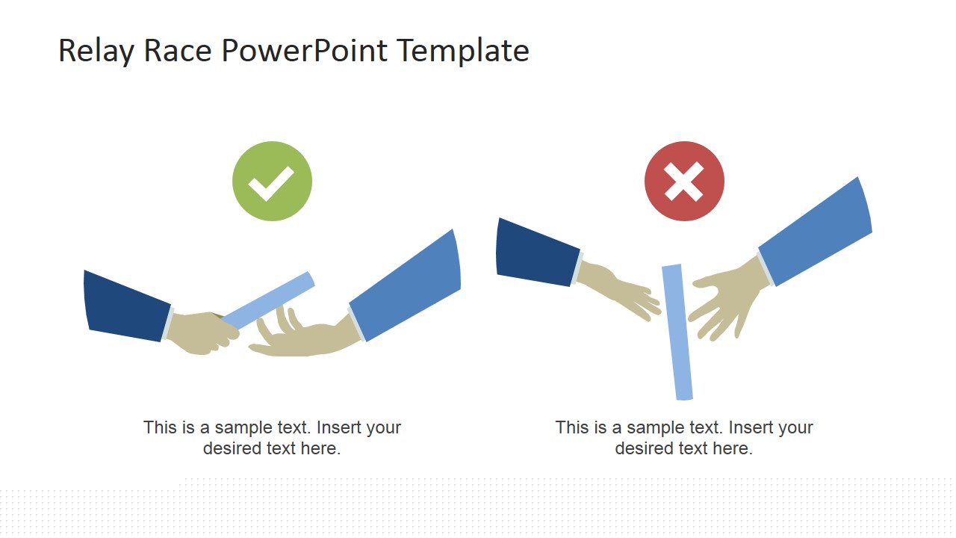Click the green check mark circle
click(273, 181)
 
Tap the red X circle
click(684, 181)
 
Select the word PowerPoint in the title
click(304, 51)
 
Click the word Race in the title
click(178, 51)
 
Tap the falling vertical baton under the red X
click(677, 333)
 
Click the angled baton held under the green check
click(268, 300)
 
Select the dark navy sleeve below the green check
click(127, 306)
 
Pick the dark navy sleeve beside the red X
click(537, 253)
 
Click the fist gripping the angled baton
click(202, 333)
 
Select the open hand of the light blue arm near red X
click(727, 301)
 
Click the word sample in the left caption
click(243, 428)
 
